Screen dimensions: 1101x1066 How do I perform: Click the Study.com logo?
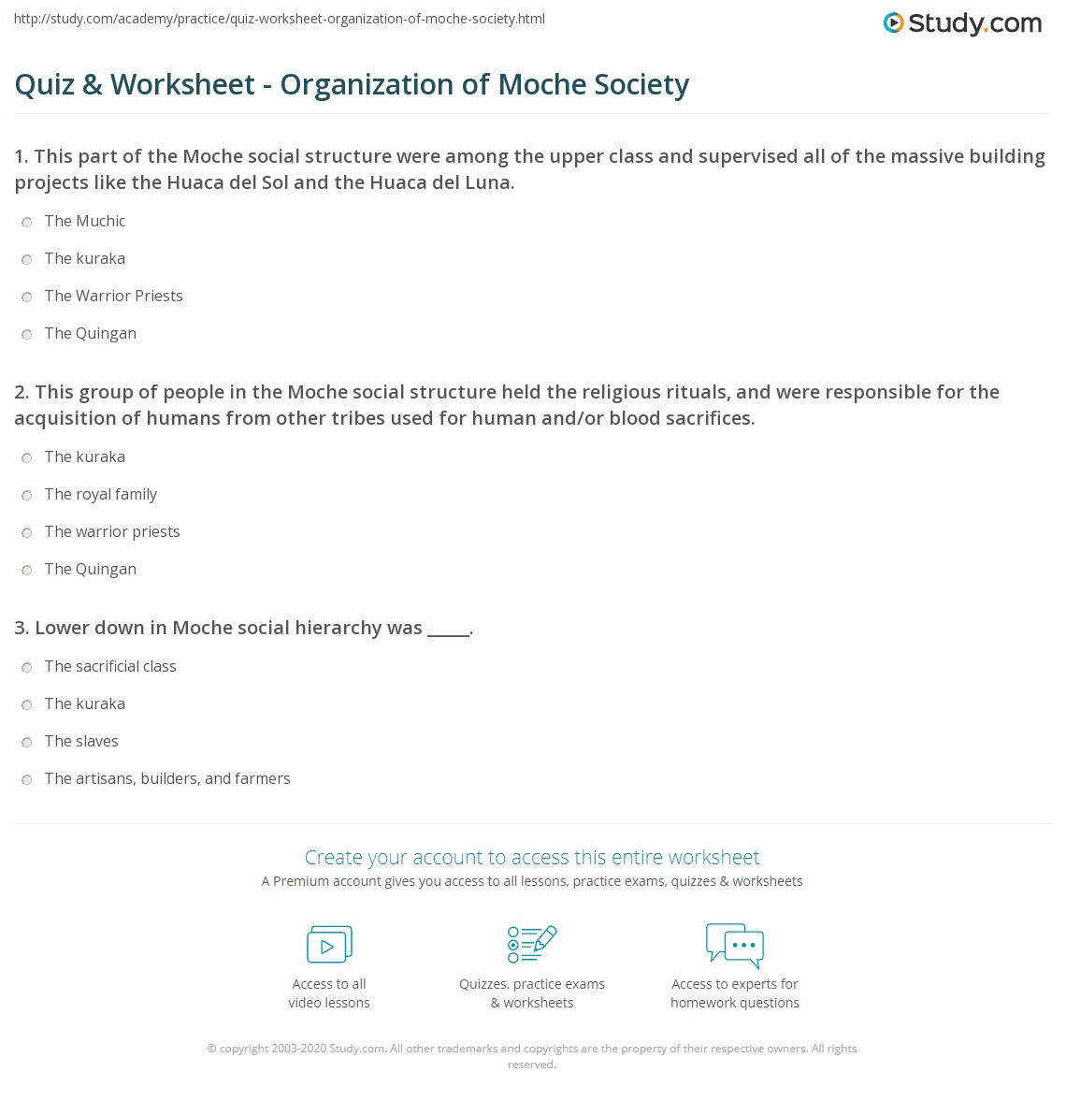(x=962, y=23)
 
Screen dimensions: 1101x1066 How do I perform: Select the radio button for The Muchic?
(x=27, y=222)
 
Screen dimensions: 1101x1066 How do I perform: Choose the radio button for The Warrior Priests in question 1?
(x=27, y=297)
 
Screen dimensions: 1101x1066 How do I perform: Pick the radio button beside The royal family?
(x=27, y=495)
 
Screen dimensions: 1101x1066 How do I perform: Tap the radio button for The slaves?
(x=27, y=742)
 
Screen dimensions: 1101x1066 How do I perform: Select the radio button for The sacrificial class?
(x=27, y=667)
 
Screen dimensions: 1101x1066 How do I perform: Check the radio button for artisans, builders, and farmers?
(x=27, y=779)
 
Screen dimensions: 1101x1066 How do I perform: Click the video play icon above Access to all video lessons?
(x=329, y=945)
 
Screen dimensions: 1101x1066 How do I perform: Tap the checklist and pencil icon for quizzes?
(x=532, y=944)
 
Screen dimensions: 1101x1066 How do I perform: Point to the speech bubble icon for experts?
(x=735, y=944)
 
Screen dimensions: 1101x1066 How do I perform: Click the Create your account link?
(x=531, y=857)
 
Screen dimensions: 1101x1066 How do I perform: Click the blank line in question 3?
(x=448, y=629)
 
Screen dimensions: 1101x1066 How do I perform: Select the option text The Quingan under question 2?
(x=91, y=569)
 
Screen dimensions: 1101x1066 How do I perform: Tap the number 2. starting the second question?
(x=22, y=392)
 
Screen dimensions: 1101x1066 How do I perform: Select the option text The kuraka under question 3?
(x=85, y=703)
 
